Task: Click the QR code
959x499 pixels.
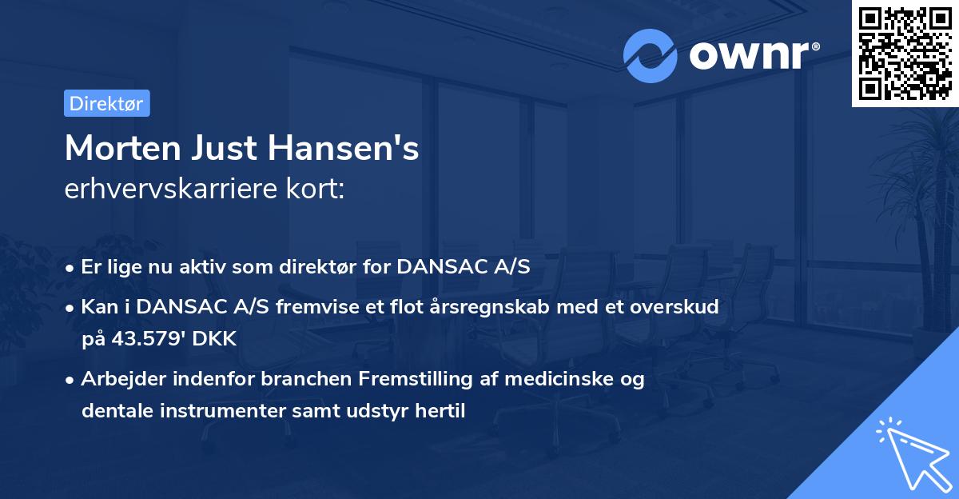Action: click(x=905, y=54)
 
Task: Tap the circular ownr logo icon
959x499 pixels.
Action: click(x=650, y=55)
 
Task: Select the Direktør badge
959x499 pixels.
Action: click(x=107, y=103)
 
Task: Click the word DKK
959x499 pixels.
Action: click(x=214, y=339)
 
